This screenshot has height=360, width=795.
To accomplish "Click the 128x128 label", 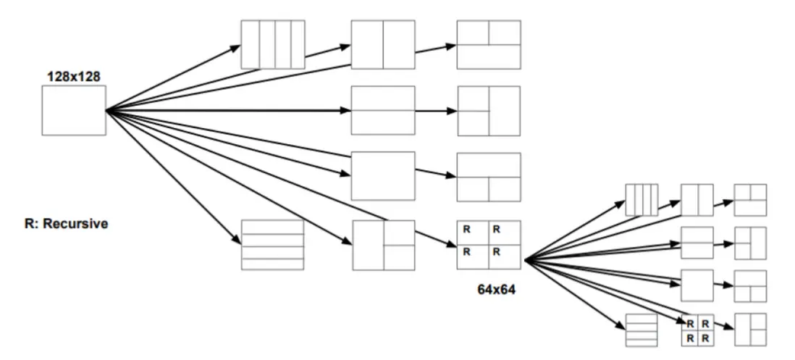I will click(x=73, y=75).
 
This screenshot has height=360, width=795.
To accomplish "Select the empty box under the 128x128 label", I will click(x=74, y=110).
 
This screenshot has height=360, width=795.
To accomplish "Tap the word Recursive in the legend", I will click(x=75, y=224).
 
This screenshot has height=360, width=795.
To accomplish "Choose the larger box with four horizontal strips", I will click(x=272, y=245).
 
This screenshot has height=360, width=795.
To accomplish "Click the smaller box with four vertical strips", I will click(x=642, y=200).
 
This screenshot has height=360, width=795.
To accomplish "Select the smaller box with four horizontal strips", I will click(x=641, y=330).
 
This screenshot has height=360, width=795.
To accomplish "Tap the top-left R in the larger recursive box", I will click(x=466, y=230).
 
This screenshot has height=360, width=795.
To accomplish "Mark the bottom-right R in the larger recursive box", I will click(x=497, y=252).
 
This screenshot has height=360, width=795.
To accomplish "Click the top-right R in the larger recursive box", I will click(x=497, y=230).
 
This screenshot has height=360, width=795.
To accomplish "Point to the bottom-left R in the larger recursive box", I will click(x=466, y=252).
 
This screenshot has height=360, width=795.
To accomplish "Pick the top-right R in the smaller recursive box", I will click(x=704, y=324).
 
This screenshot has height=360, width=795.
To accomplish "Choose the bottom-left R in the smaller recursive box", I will click(x=690, y=338).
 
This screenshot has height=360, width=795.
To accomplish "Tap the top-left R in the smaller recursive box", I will click(x=690, y=324).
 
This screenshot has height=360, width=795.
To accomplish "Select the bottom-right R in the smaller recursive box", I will click(x=704, y=338).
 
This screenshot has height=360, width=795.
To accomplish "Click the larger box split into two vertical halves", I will click(x=383, y=45).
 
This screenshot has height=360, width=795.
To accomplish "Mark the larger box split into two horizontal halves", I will click(x=383, y=110).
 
